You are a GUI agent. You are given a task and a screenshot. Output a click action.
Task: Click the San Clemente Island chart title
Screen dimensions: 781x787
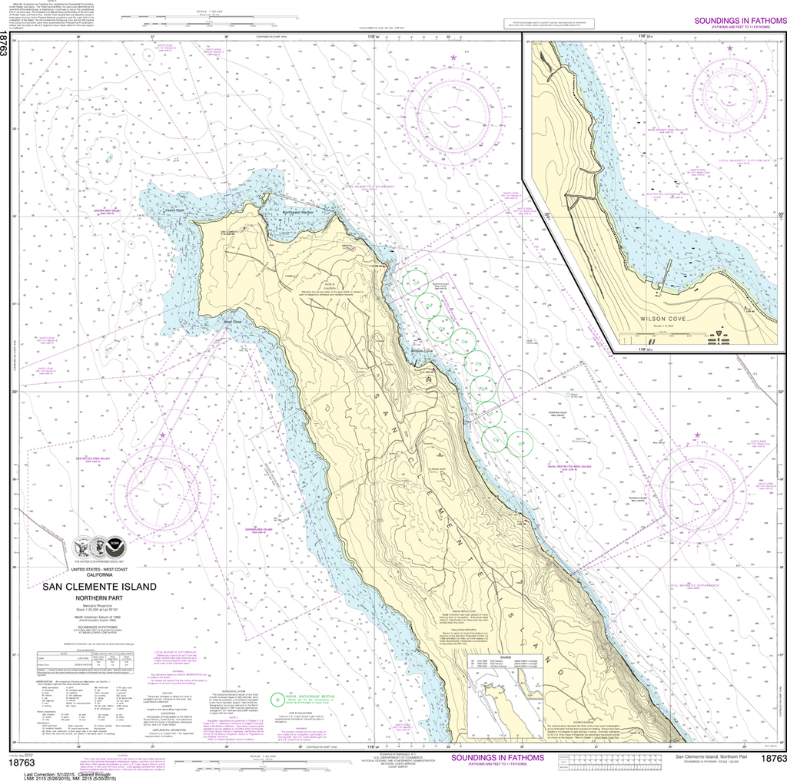tap(100, 587)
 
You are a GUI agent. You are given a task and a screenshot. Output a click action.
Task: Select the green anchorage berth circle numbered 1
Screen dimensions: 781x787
tap(419, 283)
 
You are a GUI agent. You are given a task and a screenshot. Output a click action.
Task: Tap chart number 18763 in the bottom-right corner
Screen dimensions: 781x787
tap(772, 759)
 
